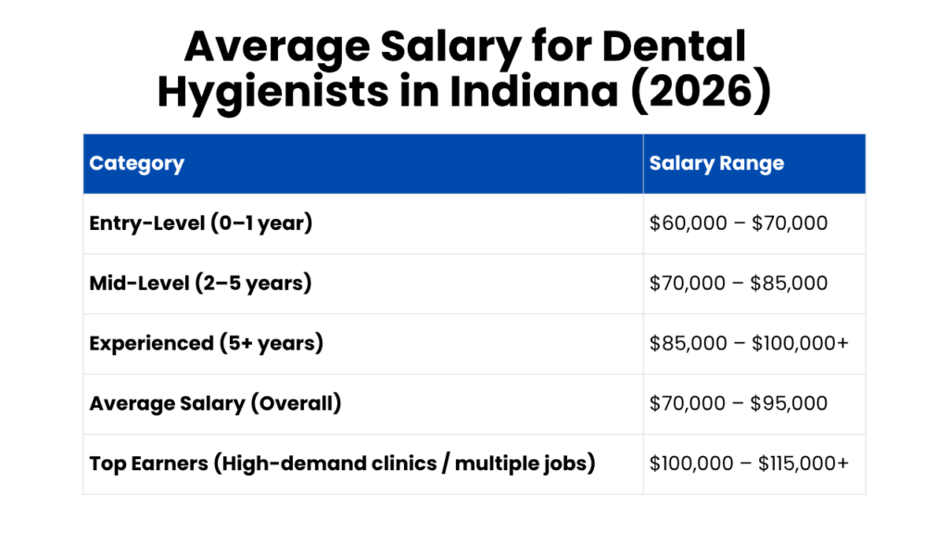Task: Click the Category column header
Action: click(x=136, y=164)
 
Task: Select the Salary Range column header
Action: click(x=716, y=164)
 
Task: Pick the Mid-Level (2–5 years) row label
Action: click(x=200, y=283)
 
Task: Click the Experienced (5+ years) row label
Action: click(x=206, y=343)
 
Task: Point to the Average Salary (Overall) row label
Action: click(x=215, y=403)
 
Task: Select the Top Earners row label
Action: click(x=341, y=464)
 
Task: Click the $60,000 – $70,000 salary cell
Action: click(x=738, y=223)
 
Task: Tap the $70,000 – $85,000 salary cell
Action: click(x=738, y=283)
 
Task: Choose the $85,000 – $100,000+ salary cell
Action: click(x=748, y=343)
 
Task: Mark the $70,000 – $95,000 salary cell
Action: click(x=738, y=403)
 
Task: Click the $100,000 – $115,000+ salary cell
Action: click(x=748, y=464)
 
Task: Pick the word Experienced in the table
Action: click(x=151, y=343)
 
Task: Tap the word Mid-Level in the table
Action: click(x=138, y=283)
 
